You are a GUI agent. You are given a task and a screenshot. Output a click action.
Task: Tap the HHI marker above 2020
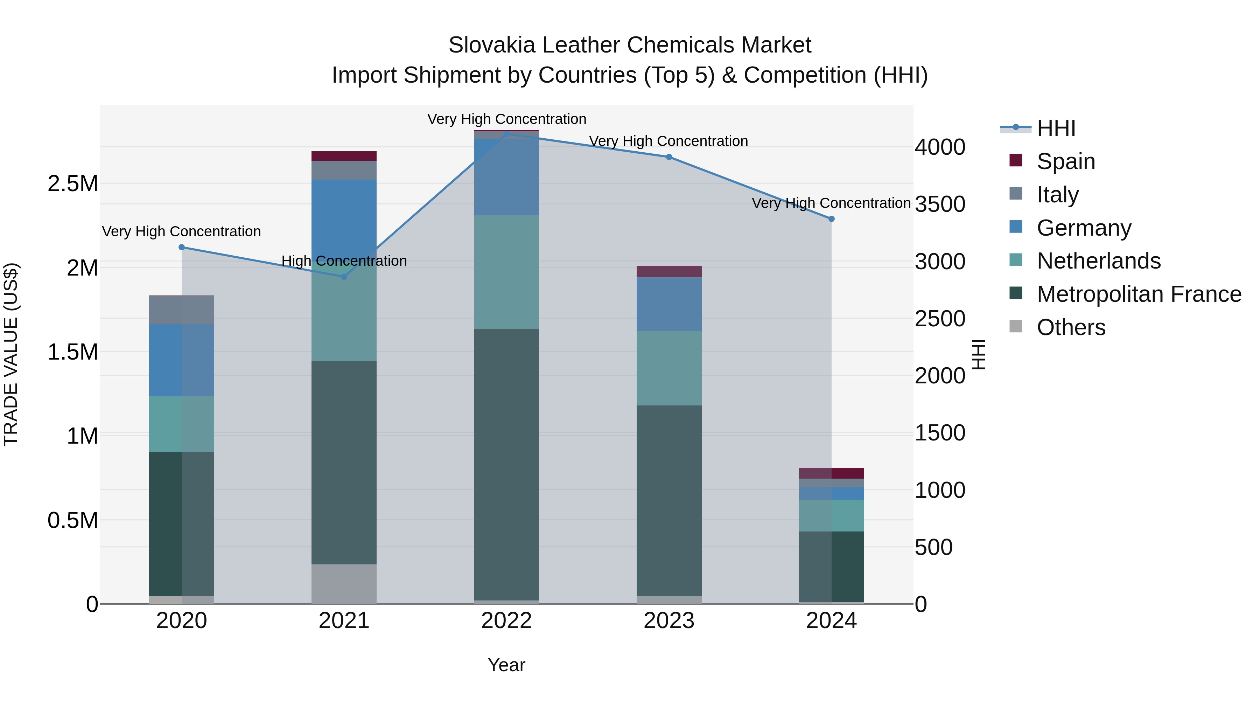click(181, 247)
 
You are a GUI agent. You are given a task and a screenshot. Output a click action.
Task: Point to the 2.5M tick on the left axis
click(73, 184)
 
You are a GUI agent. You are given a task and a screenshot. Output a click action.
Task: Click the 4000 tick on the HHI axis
click(940, 147)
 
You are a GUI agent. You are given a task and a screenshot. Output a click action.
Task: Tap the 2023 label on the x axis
click(668, 621)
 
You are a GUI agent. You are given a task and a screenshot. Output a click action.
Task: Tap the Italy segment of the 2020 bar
click(181, 310)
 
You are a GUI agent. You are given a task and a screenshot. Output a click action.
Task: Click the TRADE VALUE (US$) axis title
click(11, 354)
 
